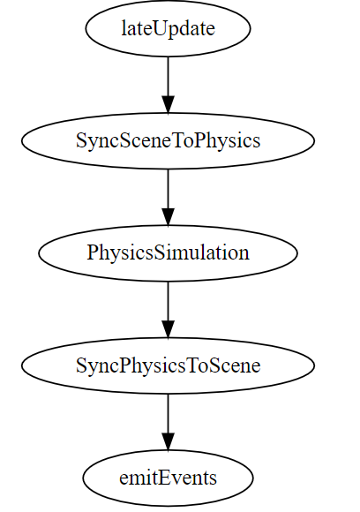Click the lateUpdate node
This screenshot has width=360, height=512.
pyautogui.click(x=168, y=28)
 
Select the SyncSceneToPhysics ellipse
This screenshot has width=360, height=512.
pyautogui.click(x=168, y=140)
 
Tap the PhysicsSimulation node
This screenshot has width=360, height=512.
pyautogui.click(x=168, y=253)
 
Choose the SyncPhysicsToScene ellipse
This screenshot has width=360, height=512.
pyautogui.click(x=168, y=365)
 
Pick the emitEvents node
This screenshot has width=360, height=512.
pyautogui.click(x=168, y=478)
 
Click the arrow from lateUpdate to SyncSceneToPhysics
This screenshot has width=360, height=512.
pyautogui.click(x=168, y=85)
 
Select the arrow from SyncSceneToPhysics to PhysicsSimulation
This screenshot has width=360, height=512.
pyautogui.click(x=168, y=197)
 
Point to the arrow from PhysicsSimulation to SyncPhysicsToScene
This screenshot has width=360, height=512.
pyautogui.click(x=168, y=310)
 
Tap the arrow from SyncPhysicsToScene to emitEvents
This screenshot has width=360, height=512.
pyautogui.click(x=168, y=422)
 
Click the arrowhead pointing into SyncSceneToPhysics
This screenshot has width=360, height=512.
pyautogui.click(x=168, y=104)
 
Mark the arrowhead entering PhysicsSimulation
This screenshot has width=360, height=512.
pyautogui.click(x=168, y=217)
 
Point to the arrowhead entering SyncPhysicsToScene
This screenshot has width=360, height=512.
pyautogui.click(x=168, y=329)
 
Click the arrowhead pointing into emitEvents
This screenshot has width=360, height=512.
pyautogui.click(x=168, y=441)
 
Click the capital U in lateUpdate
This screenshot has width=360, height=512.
pyautogui.click(x=158, y=29)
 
